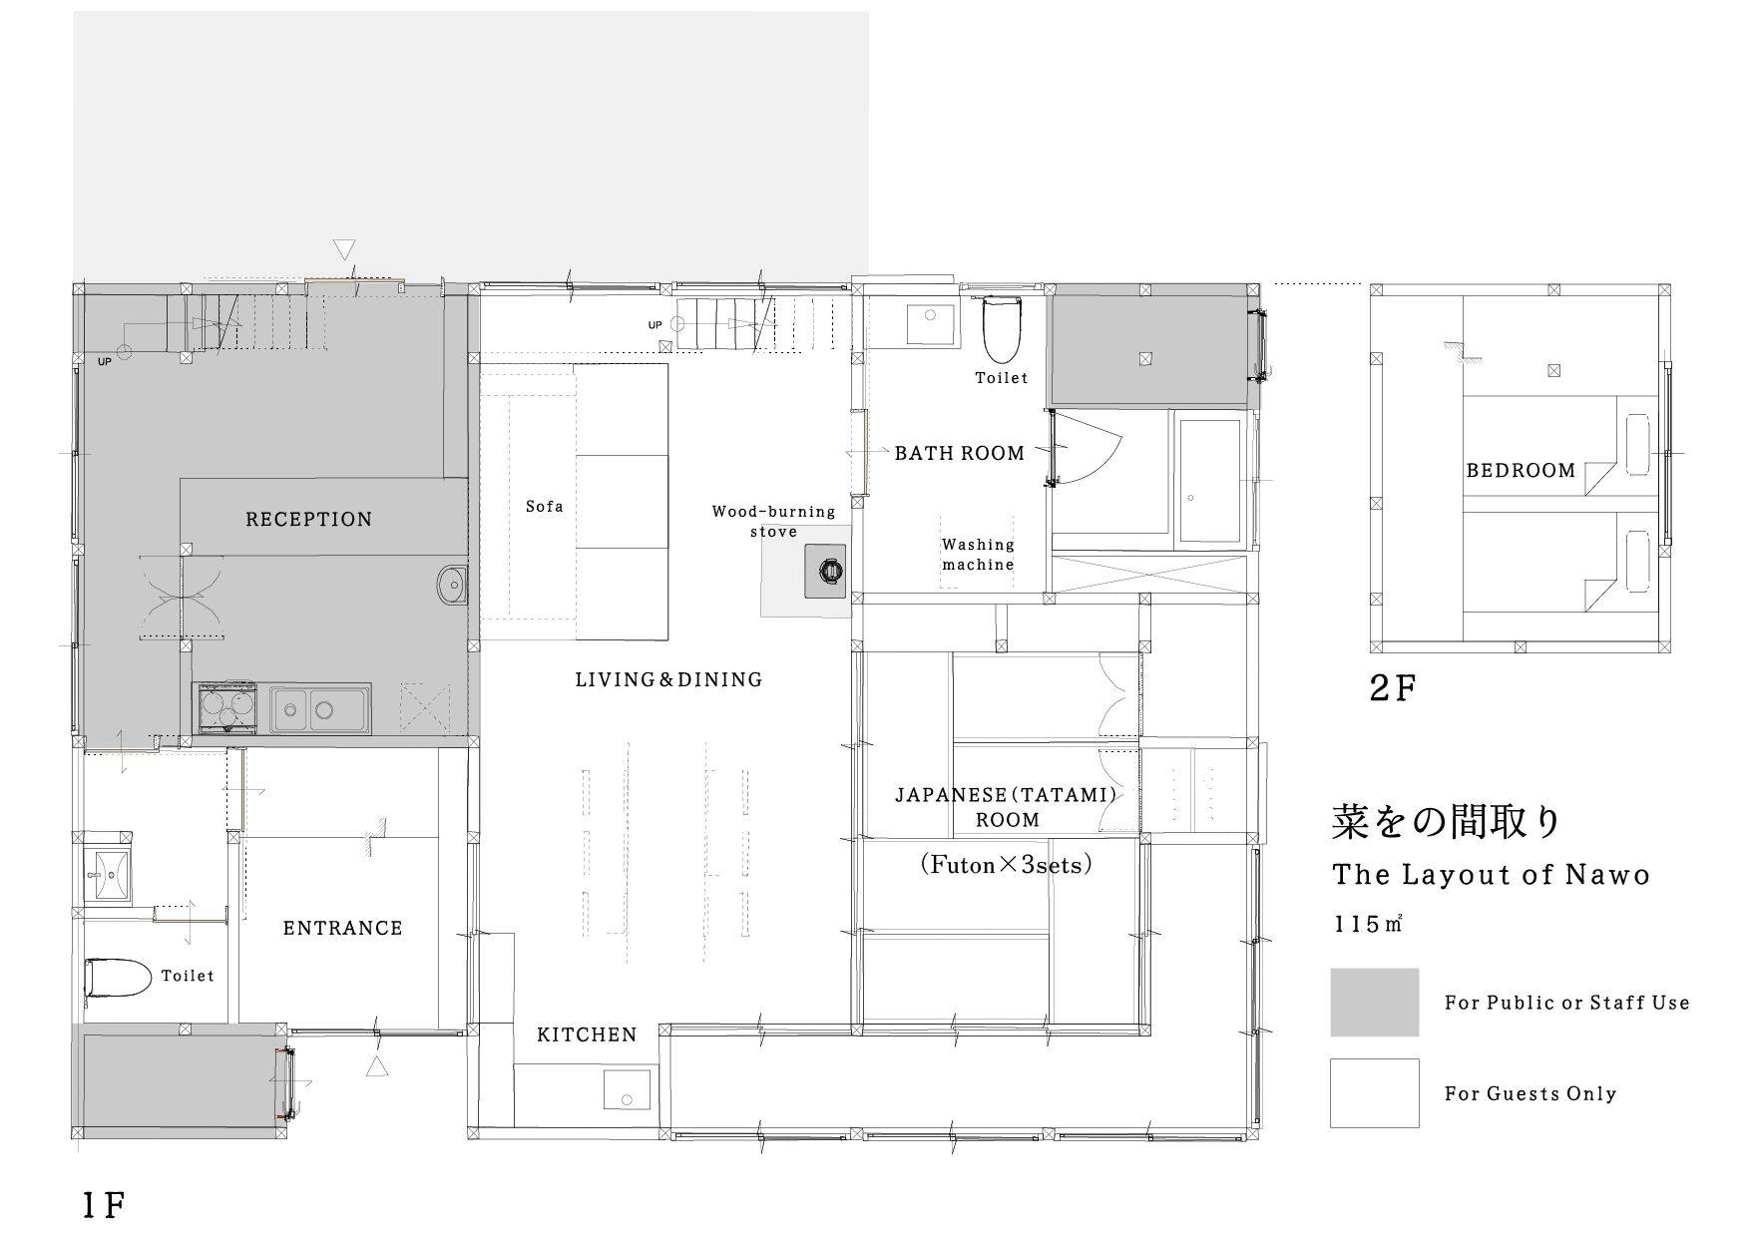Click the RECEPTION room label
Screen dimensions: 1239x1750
point(308,519)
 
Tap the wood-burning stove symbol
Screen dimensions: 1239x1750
point(828,572)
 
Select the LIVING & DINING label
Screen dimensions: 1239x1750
point(668,679)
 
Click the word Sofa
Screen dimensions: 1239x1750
point(545,507)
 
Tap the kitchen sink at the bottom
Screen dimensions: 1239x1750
point(628,1089)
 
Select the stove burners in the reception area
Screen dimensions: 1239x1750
point(225,708)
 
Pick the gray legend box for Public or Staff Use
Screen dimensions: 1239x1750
point(1374,1002)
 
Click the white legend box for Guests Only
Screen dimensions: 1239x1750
point(1374,1092)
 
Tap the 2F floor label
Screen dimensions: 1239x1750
point(1392,688)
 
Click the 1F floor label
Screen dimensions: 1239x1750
point(103,1205)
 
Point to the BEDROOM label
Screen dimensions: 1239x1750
point(1521,470)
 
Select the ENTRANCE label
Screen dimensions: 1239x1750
point(342,928)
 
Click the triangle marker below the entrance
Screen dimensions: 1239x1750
point(376,1067)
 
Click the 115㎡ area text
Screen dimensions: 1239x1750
point(1368,924)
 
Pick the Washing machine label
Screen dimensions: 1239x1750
point(978,555)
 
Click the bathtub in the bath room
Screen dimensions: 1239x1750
point(1208,480)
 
